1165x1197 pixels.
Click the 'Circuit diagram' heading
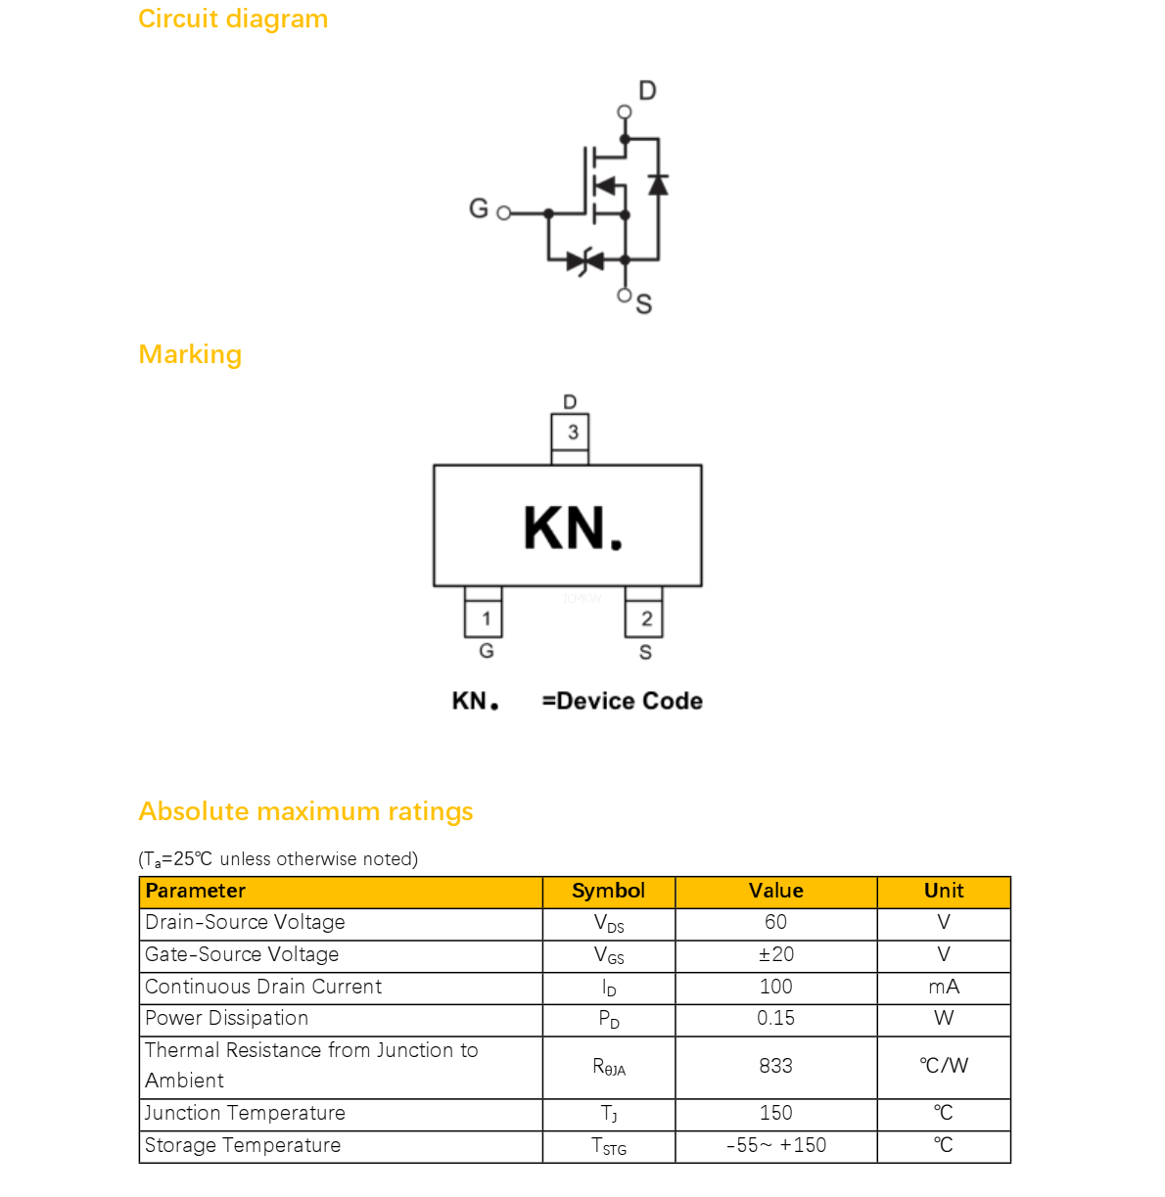tap(233, 19)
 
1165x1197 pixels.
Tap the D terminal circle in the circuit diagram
tap(624, 112)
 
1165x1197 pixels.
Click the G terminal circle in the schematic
tap(503, 213)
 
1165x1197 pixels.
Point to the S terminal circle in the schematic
tap(624, 296)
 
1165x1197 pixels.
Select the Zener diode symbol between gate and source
tap(584, 261)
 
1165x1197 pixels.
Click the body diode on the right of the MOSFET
tap(658, 185)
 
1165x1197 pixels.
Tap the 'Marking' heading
tap(190, 355)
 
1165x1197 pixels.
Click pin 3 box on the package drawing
tap(569, 432)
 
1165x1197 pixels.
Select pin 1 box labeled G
tap(483, 619)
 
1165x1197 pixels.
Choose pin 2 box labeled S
tap(643, 619)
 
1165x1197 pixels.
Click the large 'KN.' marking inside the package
tap(573, 528)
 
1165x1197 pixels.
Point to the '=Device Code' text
tap(623, 701)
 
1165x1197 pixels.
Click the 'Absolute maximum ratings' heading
tap(305, 811)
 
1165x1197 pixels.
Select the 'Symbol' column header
tap(608, 891)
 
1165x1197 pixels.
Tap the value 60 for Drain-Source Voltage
tap(775, 922)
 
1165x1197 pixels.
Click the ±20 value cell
tap(775, 954)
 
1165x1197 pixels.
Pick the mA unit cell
tap(944, 987)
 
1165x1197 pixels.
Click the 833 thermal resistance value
tap(775, 1066)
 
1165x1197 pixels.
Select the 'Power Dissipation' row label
tap(226, 1019)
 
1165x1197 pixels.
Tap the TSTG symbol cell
tap(608, 1146)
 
